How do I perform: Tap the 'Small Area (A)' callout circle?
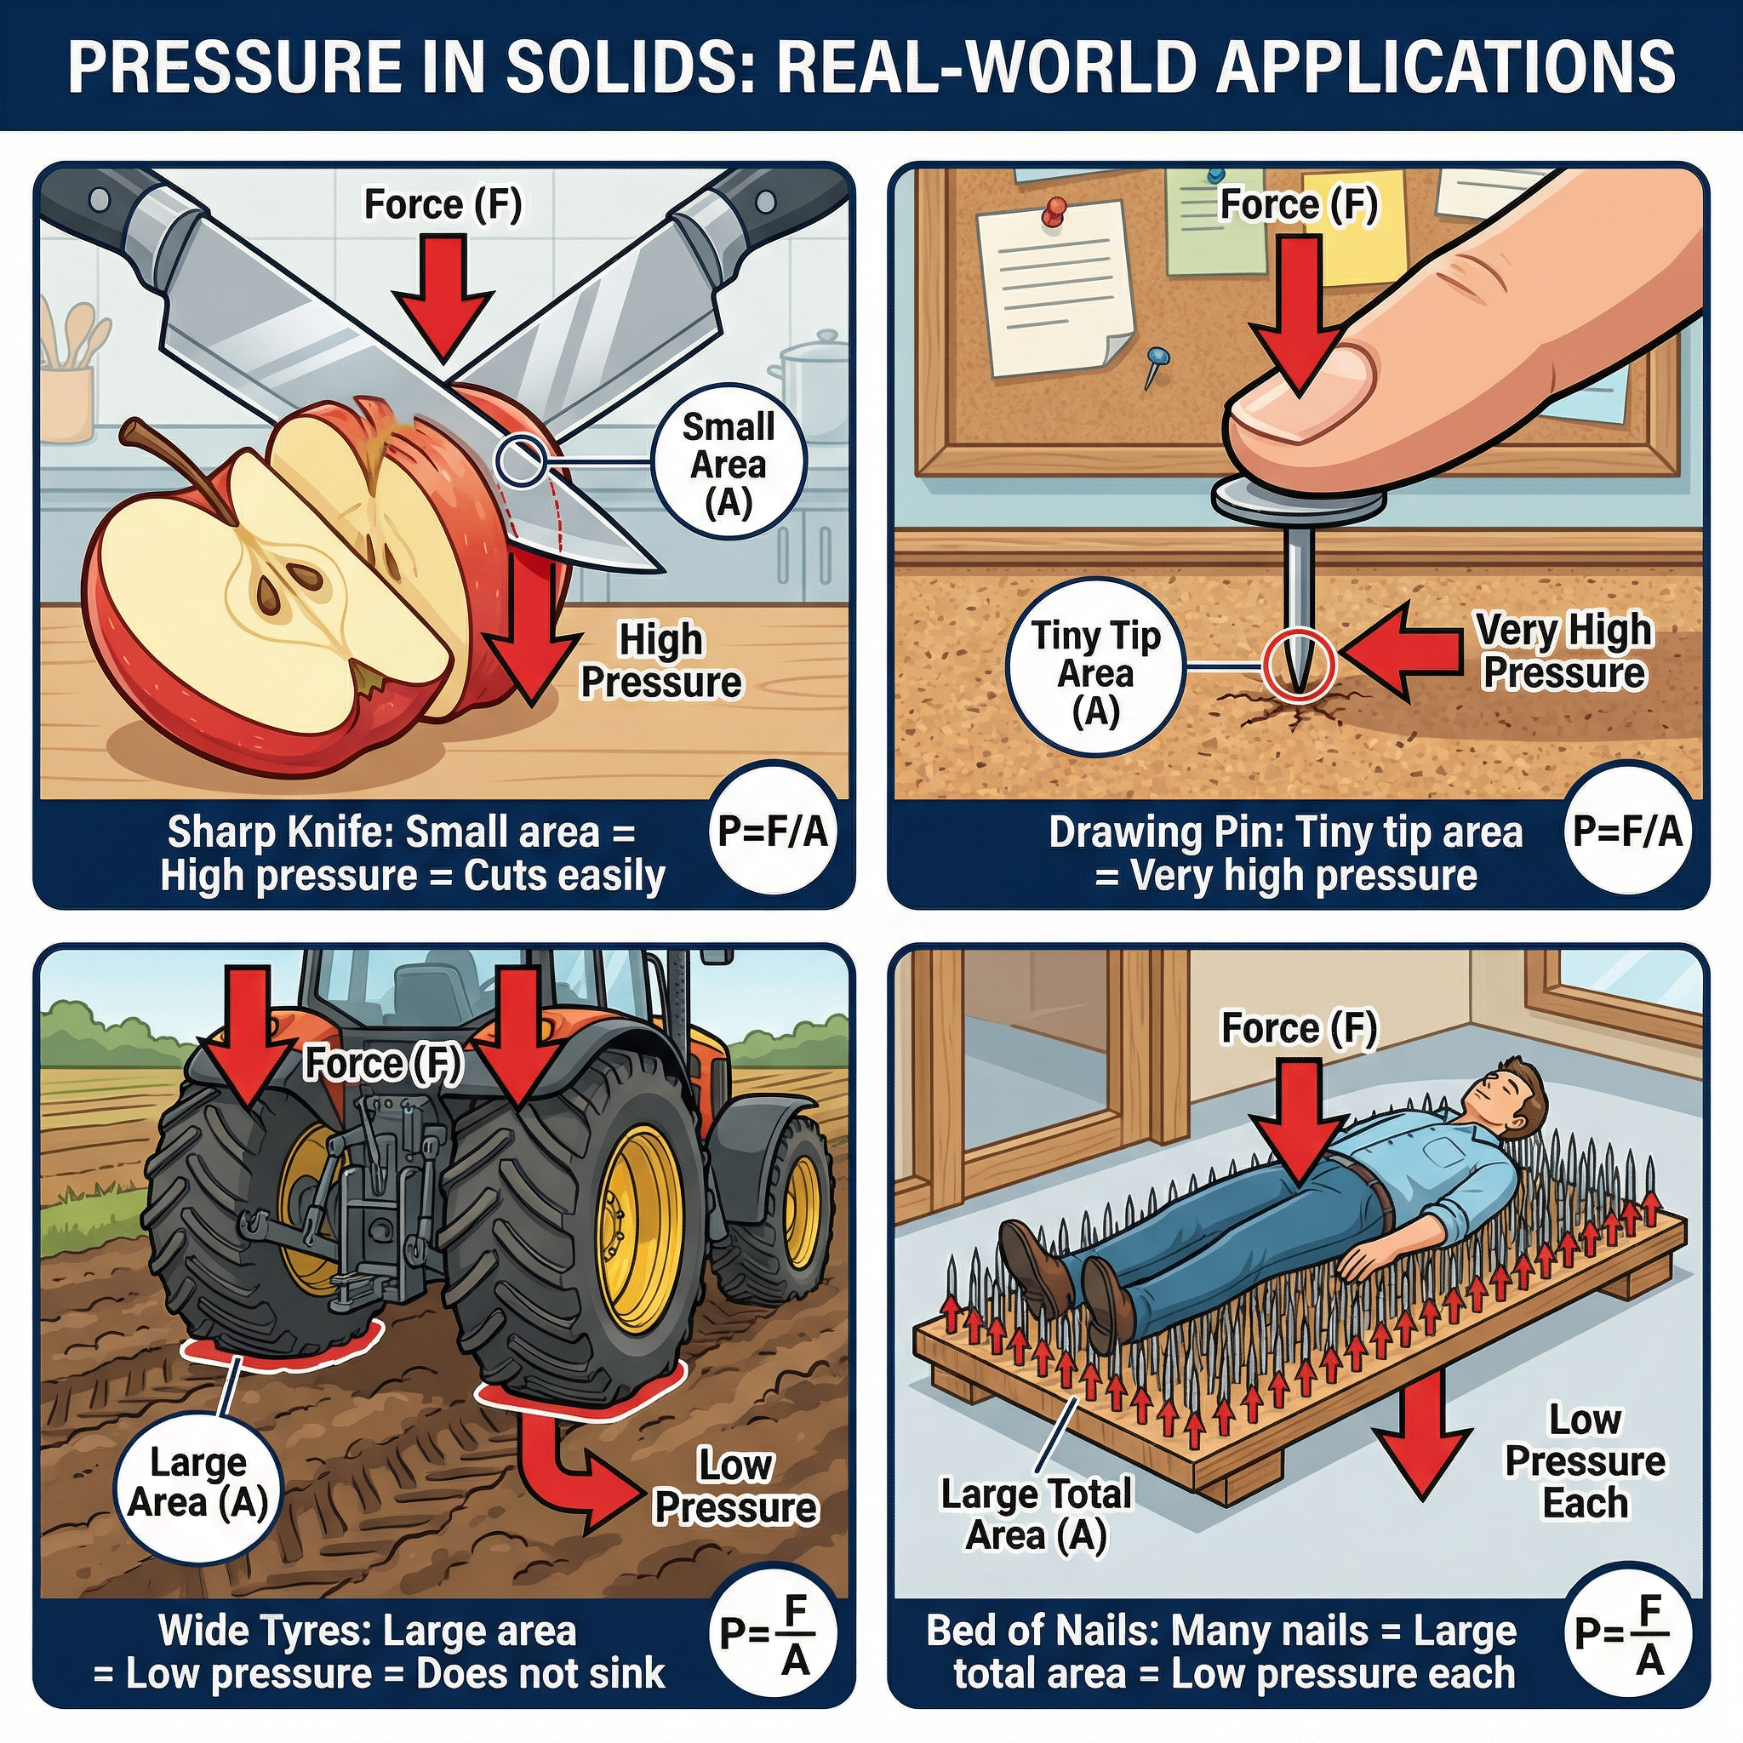pyautogui.click(x=728, y=465)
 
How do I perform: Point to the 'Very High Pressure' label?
pyautogui.click(x=1563, y=651)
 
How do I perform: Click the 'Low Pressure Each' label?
pyautogui.click(x=1584, y=1461)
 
